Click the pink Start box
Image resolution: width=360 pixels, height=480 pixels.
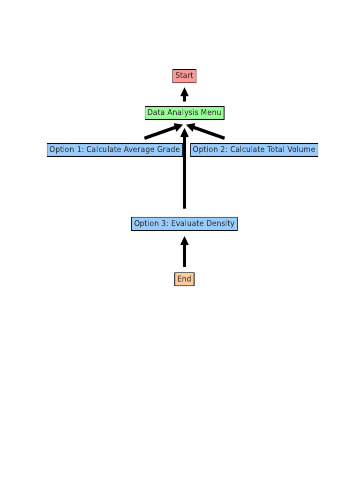click(184, 75)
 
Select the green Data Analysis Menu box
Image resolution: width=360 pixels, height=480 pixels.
click(184, 113)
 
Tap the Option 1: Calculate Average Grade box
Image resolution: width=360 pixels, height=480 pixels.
click(114, 150)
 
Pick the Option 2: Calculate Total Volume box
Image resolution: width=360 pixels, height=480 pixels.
click(254, 150)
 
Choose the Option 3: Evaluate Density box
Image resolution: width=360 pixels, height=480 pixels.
click(184, 224)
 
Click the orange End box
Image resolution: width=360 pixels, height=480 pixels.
click(184, 279)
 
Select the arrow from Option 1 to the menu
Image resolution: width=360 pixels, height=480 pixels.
click(162, 132)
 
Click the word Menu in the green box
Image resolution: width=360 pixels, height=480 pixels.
click(211, 113)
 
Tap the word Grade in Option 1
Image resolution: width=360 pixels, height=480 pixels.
click(169, 150)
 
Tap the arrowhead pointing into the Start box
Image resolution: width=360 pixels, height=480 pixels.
click(184, 91)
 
